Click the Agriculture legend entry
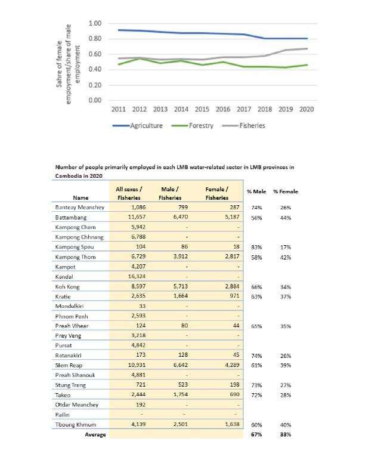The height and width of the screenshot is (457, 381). [137, 126]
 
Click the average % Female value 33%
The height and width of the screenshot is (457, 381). [287, 434]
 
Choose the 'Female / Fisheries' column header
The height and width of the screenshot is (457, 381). [217, 193]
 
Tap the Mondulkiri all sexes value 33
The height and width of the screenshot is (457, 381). [137, 305]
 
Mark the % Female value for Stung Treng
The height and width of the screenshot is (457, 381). [287, 385]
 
